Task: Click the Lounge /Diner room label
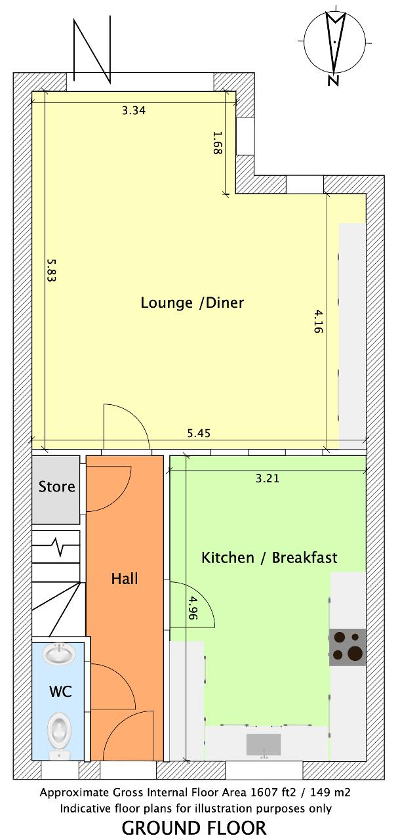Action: [x=192, y=303]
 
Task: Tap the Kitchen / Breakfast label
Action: [x=269, y=558]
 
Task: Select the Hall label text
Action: [x=125, y=579]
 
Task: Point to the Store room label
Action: [x=56, y=487]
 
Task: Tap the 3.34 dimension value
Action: [x=134, y=111]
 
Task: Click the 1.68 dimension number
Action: [x=218, y=142]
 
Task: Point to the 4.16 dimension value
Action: [x=318, y=321]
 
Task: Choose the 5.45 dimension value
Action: [x=199, y=433]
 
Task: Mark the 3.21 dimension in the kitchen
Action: [x=268, y=478]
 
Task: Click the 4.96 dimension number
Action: [x=192, y=608]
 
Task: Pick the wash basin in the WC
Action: [x=59, y=654]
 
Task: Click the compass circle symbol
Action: [x=334, y=41]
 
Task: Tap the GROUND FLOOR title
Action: [x=194, y=828]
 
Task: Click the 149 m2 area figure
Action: [x=328, y=792]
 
